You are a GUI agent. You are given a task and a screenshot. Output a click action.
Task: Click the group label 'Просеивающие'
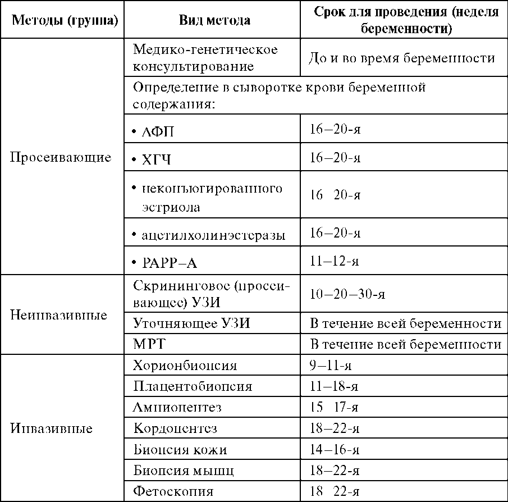tap(61, 157)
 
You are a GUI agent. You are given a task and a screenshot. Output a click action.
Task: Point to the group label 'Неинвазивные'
tap(59, 314)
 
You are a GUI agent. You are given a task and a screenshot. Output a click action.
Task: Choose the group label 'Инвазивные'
tap(52, 428)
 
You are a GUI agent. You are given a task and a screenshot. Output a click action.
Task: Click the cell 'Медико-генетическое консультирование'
tap(205, 58)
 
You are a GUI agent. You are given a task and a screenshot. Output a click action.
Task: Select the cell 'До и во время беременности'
tap(402, 58)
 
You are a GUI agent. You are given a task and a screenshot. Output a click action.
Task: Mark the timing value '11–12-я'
tap(335, 262)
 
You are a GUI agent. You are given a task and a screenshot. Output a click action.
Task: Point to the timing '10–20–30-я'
tap(347, 294)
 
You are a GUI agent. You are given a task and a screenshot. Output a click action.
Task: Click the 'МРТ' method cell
tap(148, 344)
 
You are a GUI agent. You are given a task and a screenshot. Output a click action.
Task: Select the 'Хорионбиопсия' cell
tap(185, 366)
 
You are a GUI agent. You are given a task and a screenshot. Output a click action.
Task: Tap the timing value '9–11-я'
tap(331, 366)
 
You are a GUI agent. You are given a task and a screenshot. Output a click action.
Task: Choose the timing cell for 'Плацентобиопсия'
tap(335, 387)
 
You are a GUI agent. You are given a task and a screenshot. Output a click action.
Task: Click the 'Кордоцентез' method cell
tap(176, 428)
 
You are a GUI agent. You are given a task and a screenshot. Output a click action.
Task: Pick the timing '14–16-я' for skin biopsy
tap(335, 450)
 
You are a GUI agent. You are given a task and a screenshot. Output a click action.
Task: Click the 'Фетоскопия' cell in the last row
tap(173, 492)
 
